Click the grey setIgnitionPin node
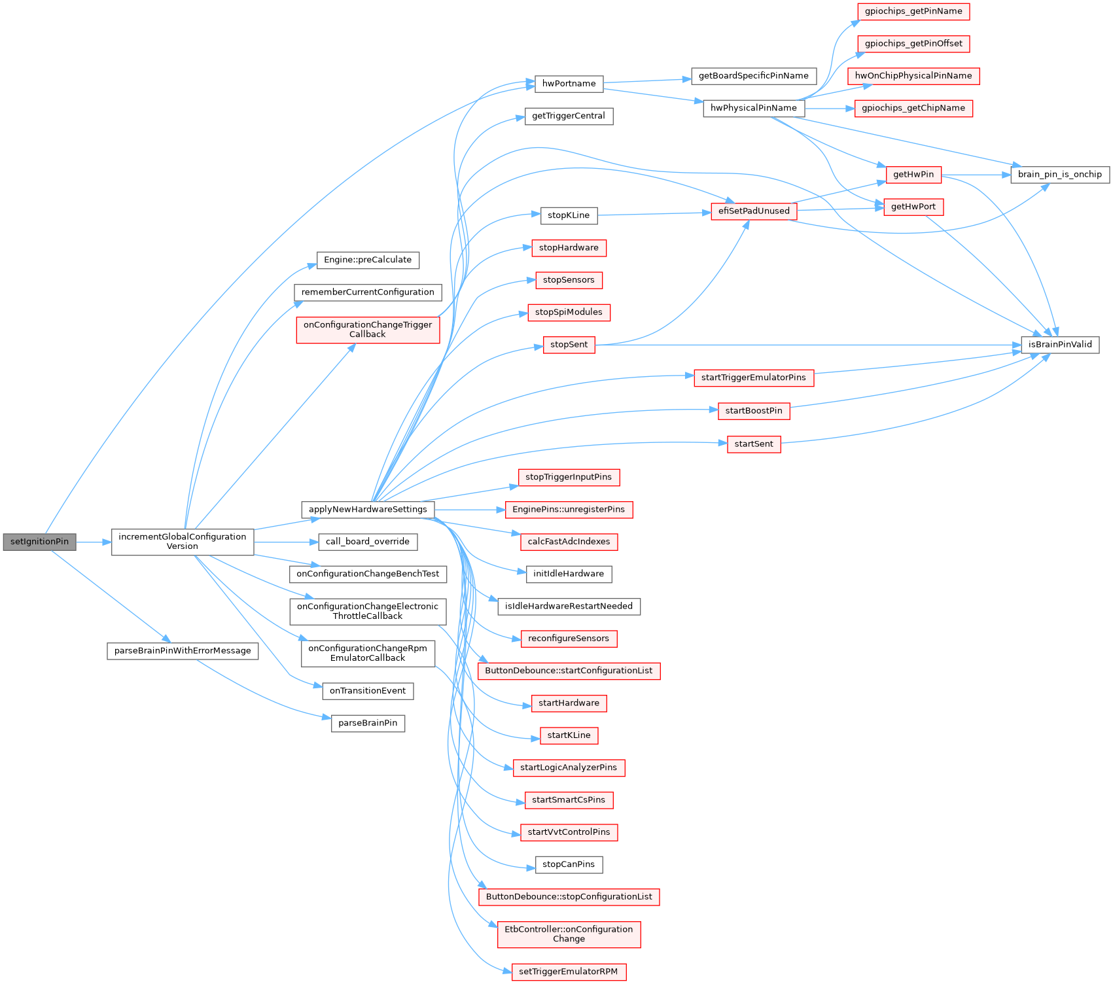pyautogui.click(x=39, y=542)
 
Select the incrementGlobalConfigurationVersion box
pyautogui.click(x=183, y=542)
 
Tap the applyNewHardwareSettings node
pyautogui.click(x=368, y=510)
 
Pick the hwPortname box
pyautogui.click(x=569, y=84)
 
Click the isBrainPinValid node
pyautogui.click(x=1060, y=345)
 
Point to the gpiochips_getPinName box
pyautogui.click(x=913, y=11)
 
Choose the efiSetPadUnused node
pyautogui.click(x=754, y=211)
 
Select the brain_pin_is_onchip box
pyautogui.click(x=1060, y=175)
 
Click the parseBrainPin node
pyautogui.click(x=368, y=724)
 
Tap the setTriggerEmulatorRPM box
pyautogui.click(x=569, y=972)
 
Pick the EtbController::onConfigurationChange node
pyautogui.click(x=569, y=934)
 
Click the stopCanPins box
pyautogui.click(x=569, y=865)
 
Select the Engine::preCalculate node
pyautogui.click(x=368, y=260)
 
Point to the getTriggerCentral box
pyautogui.click(x=569, y=116)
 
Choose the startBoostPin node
pyautogui.click(x=754, y=412)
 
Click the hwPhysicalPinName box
pyautogui.click(x=754, y=109)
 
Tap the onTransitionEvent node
pyautogui.click(x=368, y=691)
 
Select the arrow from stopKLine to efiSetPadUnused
pyautogui.click(x=654, y=213)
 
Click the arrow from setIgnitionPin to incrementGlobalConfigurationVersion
pyautogui.click(x=94, y=542)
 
